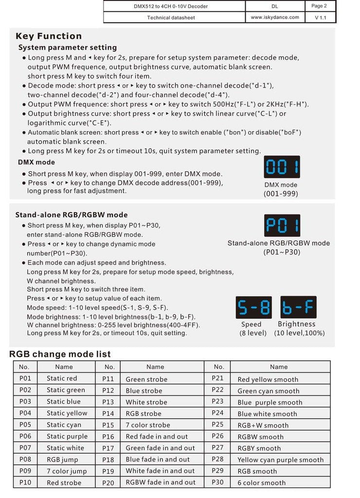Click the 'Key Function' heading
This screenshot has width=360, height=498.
tap(49, 36)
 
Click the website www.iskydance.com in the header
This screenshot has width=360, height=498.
tap(275, 17)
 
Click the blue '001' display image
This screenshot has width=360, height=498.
tap(282, 167)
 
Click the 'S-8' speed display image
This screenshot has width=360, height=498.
tap(253, 308)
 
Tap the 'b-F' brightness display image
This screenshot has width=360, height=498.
tap(298, 308)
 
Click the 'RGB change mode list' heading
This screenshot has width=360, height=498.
tap(60, 354)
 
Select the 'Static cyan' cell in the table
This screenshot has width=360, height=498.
tap(64, 425)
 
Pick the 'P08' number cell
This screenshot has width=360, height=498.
tap(25, 459)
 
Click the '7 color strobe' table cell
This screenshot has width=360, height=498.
tap(148, 425)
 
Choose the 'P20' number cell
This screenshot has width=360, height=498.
tap(108, 482)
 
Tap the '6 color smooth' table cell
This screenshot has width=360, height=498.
tap(262, 483)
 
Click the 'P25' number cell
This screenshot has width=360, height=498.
tap(218, 425)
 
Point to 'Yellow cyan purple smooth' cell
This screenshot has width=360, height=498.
tap(280, 460)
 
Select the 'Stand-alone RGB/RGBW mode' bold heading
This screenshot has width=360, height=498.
tap(72, 214)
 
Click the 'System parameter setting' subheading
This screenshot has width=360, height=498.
tap(68, 48)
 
